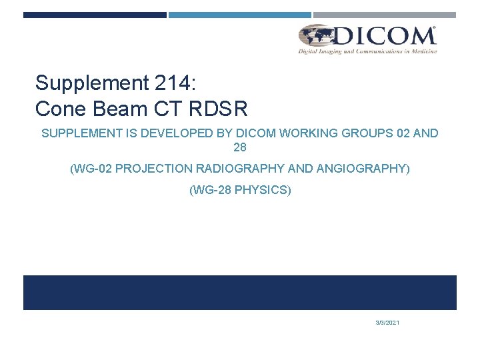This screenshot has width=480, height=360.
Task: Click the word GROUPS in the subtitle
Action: pos(365,133)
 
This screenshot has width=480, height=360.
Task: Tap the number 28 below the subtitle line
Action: pos(240,147)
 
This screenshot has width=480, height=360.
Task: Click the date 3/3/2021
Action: pos(387,323)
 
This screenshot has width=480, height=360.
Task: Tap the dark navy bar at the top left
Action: pos(95,15)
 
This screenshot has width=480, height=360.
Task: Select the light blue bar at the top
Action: pos(239,15)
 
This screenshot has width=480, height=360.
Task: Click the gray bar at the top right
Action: pos(385,15)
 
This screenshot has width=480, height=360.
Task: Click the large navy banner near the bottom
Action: pos(240,293)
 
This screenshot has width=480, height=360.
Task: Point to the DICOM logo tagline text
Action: pos(367,51)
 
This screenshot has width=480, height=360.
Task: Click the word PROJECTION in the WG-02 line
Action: pos(154,169)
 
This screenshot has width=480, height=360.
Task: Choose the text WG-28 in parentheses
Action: pos(212,191)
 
